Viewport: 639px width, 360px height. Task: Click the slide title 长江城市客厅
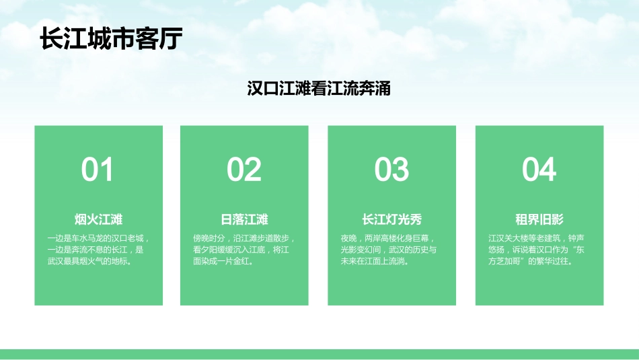(x=111, y=38)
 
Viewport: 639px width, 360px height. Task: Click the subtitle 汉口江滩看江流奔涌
(x=319, y=89)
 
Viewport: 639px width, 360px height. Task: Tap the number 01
(x=98, y=170)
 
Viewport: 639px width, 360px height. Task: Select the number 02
(x=244, y=170)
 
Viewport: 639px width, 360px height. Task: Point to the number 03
(x=391, y=170)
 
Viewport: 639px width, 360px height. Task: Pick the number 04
(x=539, y=170)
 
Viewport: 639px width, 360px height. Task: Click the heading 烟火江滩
(x=98, y=219)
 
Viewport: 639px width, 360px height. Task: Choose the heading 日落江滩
(x=244, y=219)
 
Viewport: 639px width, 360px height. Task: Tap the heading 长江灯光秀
(x=391, y=219)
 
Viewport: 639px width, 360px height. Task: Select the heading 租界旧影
(x=539, y=219)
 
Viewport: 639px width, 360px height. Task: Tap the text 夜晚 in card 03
(x=348, y=238)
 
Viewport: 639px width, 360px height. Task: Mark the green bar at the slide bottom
(x=319, y=354)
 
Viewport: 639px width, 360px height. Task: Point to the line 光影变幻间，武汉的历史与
(x=389, y=250)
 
